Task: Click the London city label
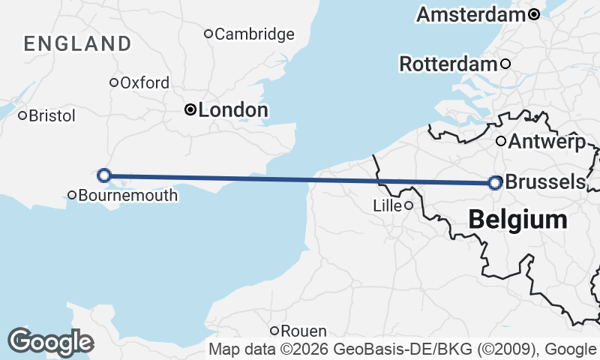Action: point(233,110)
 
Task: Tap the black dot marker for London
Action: point(190,110)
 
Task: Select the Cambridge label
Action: point(255,34)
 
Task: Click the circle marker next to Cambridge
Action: point(209,34)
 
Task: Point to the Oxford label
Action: point(145,82)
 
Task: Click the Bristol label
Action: point(52,115)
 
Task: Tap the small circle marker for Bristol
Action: point(22,115)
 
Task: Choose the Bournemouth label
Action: point(128,196)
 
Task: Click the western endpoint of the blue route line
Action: point(105,175)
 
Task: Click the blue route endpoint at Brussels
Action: point(495,182)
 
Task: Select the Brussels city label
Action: point(545,182)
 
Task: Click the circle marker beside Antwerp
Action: point(501,141)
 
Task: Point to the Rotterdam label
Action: point(448,64)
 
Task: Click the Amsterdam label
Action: point(471,14)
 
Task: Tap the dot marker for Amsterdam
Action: point(533,14)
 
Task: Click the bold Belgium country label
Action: point(517,220)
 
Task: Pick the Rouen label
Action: point(304,331)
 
